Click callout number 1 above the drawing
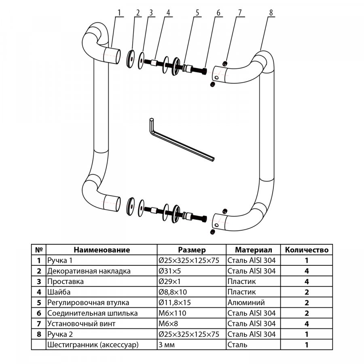click(120, 12)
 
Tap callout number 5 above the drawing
click(198, 12)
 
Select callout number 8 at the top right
click(271, 12)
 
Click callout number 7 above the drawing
click(239, 12)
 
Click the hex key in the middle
click(178, 140)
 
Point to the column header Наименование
click(102, 250)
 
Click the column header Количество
click(307, 250)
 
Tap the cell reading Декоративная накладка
click(89, 271)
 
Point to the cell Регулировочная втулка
click(88, 303)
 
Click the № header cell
click(39, 250)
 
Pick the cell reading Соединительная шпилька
click(92, 313)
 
